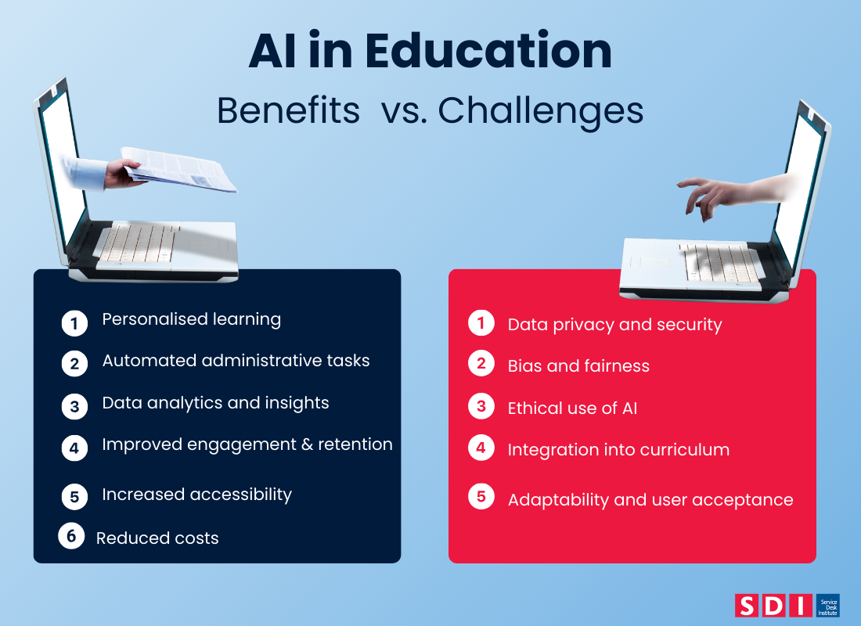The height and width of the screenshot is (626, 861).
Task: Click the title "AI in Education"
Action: point(430,52)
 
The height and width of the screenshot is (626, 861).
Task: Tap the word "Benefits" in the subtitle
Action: point(287,111)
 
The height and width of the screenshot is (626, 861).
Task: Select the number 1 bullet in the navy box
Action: point(74,322)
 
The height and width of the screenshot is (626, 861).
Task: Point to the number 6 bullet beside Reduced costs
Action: point(71,536)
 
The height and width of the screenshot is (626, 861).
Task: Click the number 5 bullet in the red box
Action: point(481,497)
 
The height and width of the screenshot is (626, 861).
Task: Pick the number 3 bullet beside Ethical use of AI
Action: point(481,406)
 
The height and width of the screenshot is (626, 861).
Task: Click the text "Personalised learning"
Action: point(191,319)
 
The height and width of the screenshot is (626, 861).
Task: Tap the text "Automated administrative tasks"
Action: point(236,361)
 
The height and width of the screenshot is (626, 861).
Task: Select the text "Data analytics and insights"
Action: point(215,403)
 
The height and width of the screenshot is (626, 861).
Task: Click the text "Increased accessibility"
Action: point(196,495)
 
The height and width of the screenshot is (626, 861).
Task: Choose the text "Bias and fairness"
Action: point(578,365)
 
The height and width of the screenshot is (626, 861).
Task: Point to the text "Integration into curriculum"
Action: point(618,450)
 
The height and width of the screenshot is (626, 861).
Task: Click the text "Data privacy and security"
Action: point(614,324)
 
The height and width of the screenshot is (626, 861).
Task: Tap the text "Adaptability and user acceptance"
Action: point(650,499)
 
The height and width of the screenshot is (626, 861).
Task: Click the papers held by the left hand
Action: point(184,167)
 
